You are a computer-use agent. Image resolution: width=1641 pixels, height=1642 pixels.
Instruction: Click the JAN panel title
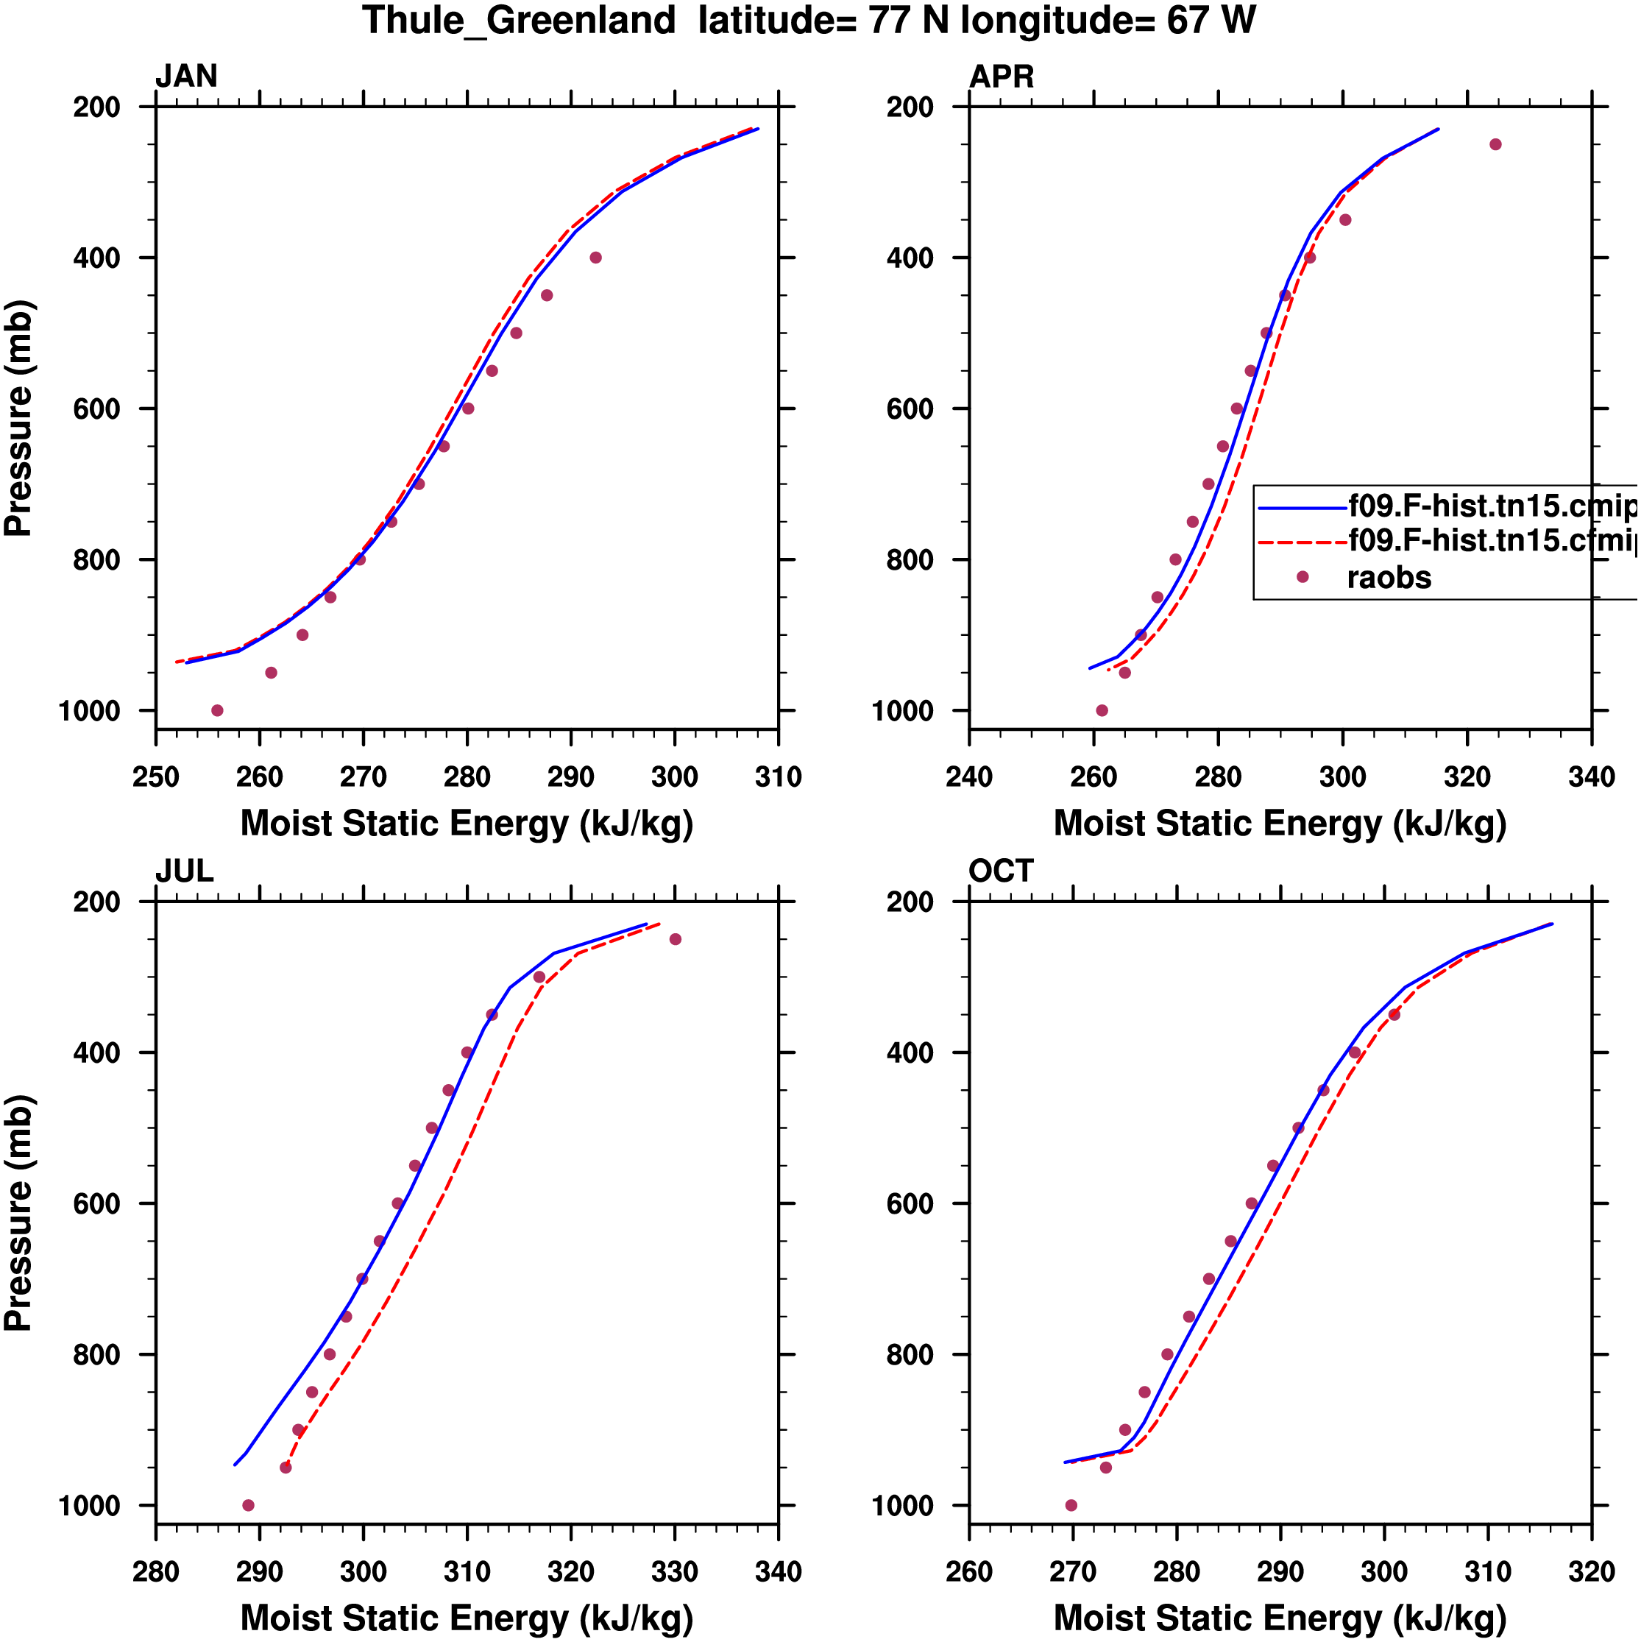tap(186, 77)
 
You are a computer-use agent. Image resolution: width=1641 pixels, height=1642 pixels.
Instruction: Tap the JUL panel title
tap(185, 871)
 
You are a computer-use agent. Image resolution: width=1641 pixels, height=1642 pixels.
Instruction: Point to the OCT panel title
tap(1000, 871)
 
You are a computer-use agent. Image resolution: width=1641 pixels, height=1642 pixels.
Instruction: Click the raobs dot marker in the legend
tap(1302, 577)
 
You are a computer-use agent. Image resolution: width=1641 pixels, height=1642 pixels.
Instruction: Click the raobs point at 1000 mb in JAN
tap(218, 710)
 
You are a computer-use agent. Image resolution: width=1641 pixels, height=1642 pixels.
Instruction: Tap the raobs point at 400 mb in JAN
tap(596, 258)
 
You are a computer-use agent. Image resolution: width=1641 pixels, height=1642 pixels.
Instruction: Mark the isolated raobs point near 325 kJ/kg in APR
tap(1496, 144)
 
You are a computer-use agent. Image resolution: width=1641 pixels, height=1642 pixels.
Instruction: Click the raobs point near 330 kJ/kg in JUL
tap(676, 939)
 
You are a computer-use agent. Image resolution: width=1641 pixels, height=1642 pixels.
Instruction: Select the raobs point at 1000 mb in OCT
tap(1071, 1505)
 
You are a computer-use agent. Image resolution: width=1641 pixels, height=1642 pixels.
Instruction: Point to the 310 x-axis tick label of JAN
tap(779, 776)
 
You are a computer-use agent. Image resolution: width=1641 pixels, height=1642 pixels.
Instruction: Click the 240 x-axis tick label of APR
tap(969, 776)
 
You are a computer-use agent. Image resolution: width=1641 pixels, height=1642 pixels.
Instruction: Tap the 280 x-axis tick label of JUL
tap(155, 1571)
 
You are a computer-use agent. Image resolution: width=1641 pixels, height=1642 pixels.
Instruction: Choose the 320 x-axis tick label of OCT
tap(1592, 1571)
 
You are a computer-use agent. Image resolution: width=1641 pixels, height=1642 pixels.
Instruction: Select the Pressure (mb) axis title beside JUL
tap(18, 1212)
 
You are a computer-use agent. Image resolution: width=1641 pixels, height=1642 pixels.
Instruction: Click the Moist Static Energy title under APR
tap(1280, 824)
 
